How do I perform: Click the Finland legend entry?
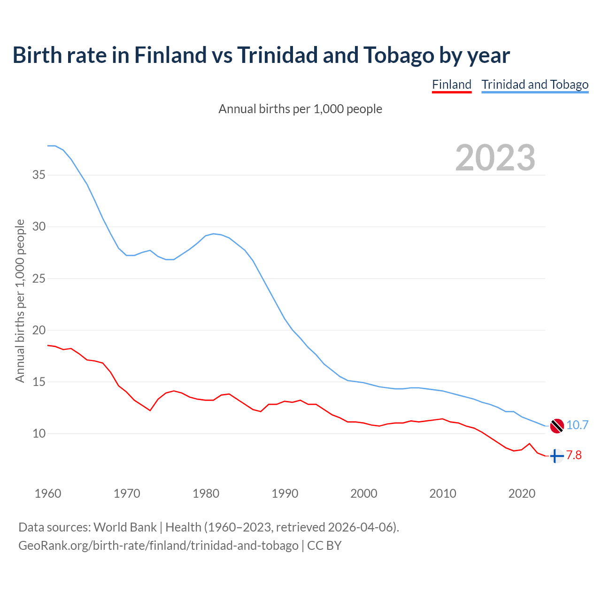click(x=452, y=85)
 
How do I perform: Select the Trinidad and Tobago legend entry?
click(x=535, y=85)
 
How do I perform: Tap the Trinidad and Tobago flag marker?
click(x=556, y=425)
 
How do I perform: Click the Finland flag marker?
click(x=556, y=456)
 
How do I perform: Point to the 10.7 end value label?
click(x=577, y=425)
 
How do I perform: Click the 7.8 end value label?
click(x=574, y=455)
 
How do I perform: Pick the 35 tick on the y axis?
click(x=39, y=175)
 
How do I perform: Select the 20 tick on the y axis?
click(x=39, y=330)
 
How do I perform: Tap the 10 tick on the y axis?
click(x=39, y=433)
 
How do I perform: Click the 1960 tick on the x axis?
click(x=48, y=493)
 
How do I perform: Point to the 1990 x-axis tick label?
click(x=285, y=493)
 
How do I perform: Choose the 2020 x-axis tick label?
click(x=522, y=493)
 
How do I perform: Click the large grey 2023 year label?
click(x=495, y=158)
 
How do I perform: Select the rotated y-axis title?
click(x=20, y=301)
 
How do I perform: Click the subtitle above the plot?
click(x=300, y=109)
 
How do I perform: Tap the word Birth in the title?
click(x=37, y=55)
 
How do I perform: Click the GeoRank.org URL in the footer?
click(x=158, y=546)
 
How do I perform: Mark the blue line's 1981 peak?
click(x=214, y=234)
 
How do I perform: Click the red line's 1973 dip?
click(x=150, y=410)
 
